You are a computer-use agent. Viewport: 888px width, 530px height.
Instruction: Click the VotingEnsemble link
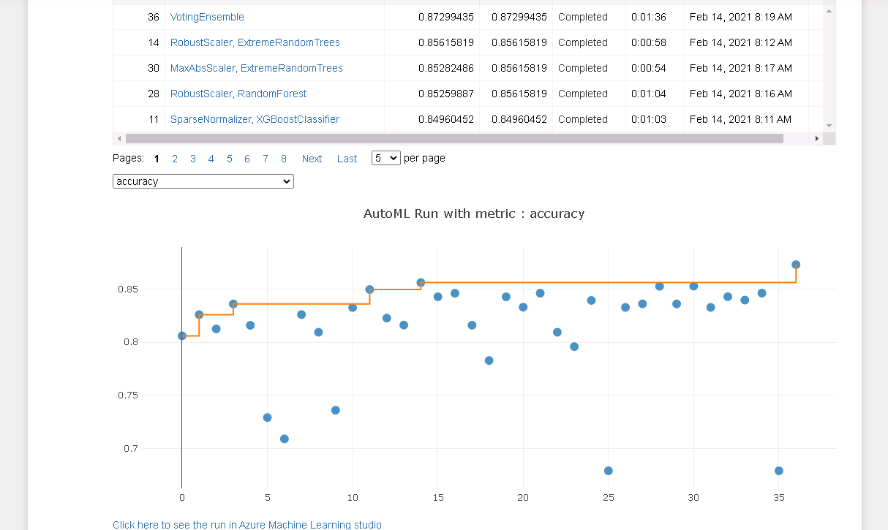coord(207,17)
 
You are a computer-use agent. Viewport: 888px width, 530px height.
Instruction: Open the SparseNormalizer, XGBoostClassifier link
coord(255,119)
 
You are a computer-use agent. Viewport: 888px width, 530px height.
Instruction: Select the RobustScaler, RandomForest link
coord(238,94)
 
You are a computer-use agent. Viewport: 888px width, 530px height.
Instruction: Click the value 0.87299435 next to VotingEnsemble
coord(445,17)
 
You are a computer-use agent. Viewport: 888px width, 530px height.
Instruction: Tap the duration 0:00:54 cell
coord(648,68)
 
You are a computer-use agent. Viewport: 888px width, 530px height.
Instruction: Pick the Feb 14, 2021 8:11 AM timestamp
coord(740,119)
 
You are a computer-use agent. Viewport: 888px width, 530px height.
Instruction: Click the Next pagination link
coord(312,159)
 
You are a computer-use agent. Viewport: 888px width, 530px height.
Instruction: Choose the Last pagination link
coord(347,159)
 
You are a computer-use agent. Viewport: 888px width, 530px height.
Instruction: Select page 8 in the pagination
coord(283,159)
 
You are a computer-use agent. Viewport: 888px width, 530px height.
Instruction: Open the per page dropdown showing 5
coord(385,158)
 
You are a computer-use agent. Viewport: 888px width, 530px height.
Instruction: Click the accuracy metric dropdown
coord(203,181)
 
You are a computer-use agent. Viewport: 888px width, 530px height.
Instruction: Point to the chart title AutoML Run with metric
coord(474,213)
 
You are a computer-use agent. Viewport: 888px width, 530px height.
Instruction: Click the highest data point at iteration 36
coord(796,265)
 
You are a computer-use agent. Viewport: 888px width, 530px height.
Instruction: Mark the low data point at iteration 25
coord(608,471)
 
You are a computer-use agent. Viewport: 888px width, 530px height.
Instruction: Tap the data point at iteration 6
coord(285,439)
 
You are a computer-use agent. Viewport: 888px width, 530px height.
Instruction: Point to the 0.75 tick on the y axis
coord(128,395)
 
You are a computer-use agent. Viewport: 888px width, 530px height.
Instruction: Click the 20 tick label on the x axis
coord(523,497)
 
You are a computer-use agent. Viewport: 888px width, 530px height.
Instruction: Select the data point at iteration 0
coord(182,336)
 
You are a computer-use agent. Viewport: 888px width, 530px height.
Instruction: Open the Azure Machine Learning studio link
coord(247,525)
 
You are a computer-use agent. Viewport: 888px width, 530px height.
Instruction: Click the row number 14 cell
coord(153,42)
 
